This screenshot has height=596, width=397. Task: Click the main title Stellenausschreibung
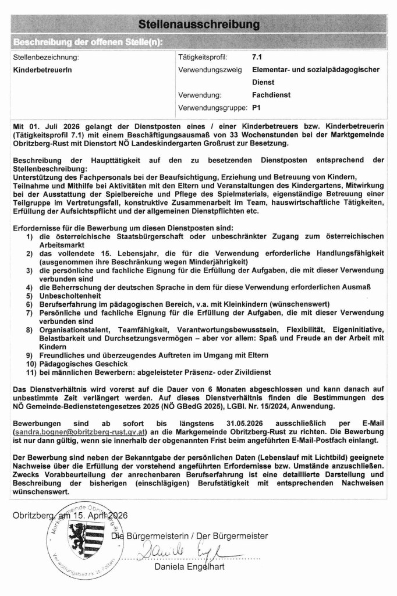click(198, 24)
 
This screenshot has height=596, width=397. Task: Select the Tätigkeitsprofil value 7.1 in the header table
click(257, 58)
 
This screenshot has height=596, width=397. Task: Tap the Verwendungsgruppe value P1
click(256, 108)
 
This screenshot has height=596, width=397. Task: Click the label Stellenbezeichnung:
click(45, 58)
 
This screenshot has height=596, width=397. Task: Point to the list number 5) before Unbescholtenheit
click(29, 296)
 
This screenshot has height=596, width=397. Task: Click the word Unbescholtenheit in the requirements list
click(68, 296)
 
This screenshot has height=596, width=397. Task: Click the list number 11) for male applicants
click(30, 372)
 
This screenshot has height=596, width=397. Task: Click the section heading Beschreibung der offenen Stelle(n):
click(88, 42)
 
